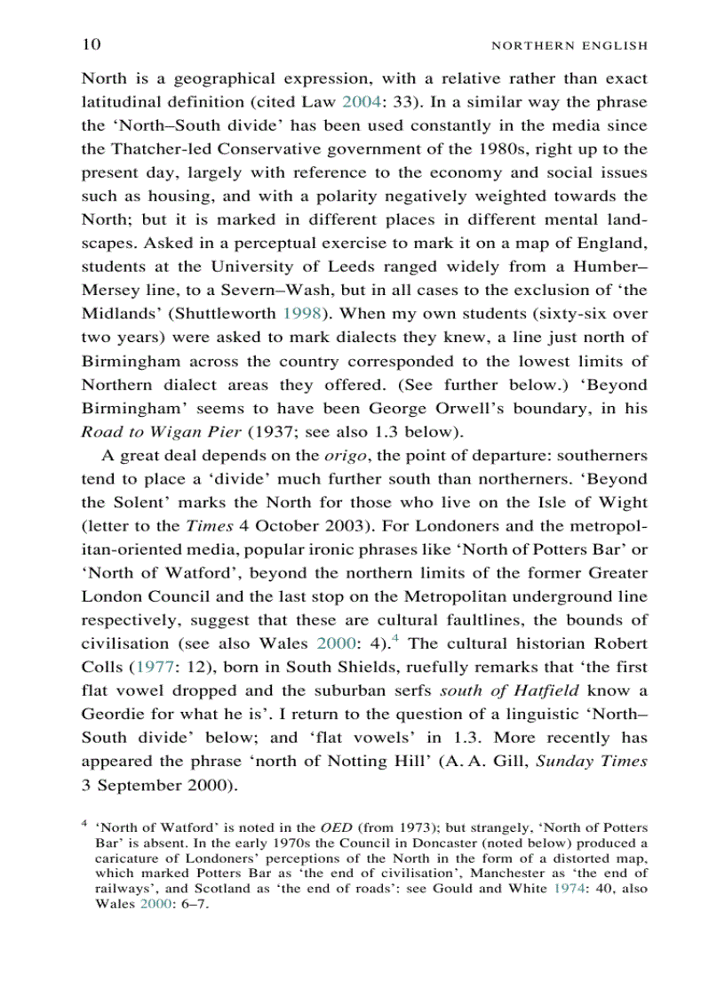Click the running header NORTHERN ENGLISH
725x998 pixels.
pos(569,45)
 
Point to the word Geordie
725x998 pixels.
pos(113,715)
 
